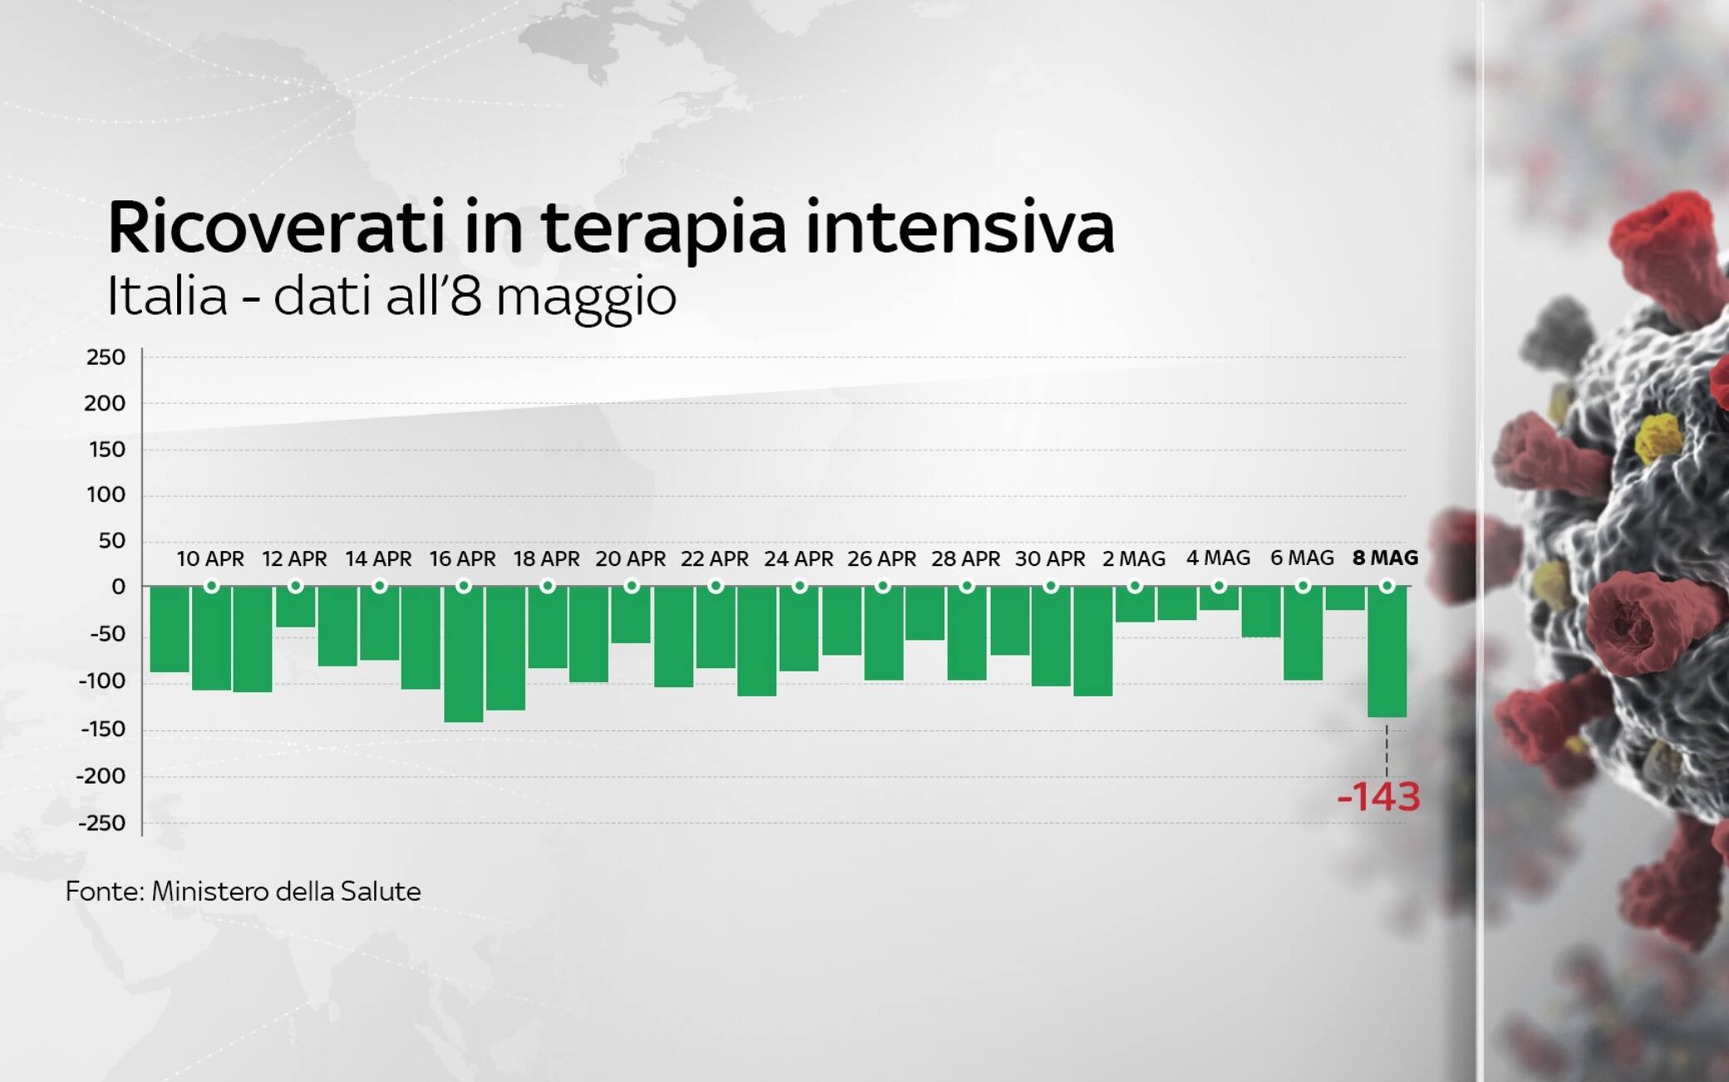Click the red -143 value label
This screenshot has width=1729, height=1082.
pyautogui.click(x=1378, y=796)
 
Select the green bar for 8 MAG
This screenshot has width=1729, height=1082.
pyautogui.click(x=1387, y=652)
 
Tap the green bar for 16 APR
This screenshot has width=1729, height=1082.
pyautogui.click(x=464, y=654)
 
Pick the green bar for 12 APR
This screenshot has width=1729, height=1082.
pyautogui.click(x=295, y=607)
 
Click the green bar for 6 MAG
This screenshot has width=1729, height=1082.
pyautogui.click(x=1303, y=633)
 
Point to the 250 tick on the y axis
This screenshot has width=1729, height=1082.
pyautogui.click(x=106, y=357)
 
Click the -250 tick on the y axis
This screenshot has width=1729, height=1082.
pyautogui.click(x=101, y=824)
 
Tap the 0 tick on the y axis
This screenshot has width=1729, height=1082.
pyautogui.click(x=118, y=587)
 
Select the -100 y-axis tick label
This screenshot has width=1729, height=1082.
pyautogui.click(x=101, y=681)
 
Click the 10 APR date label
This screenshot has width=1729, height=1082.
pyautogui.click(x=210, y=559)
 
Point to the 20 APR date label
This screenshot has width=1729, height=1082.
pyautogui.click(x=630, y=559)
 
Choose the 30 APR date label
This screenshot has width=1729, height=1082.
pyautogui.click(x=1050, y=559)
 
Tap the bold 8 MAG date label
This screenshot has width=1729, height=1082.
pyautogui.click(x=1386, y=558)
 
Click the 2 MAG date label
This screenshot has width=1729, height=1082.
pyautogui.click(x=1134, y=559)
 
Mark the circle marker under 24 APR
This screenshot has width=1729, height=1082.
pyautogui.click(x=800, y=586)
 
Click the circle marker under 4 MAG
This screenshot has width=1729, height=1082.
pyautogui.click(x=1219, y=586)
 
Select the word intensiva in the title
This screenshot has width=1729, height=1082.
pyautogui.click(x=960, y=226)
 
